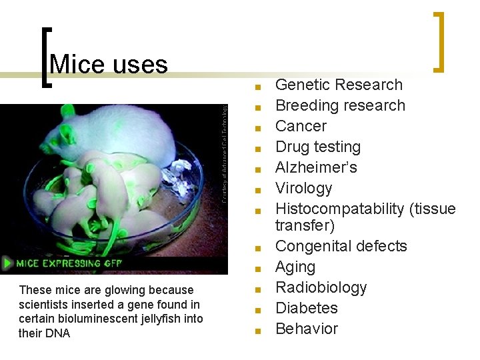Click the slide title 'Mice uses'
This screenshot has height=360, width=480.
pos(108,65)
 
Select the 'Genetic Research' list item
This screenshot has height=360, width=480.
pos(339,85)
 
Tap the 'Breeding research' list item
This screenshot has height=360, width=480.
pos(340,105)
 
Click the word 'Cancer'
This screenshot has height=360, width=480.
pos(301,126)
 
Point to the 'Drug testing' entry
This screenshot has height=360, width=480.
pos(317,147)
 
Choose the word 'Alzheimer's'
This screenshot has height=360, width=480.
pos(316,167)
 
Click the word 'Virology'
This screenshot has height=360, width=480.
pos(303,188)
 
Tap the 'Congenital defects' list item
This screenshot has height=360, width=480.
pos(341,246)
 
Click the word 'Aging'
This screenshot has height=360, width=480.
pos(295,267)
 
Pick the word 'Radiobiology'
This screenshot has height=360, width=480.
pos(321,287)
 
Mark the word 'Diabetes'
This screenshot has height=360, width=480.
pos(306,308)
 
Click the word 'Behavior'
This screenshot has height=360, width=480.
pos(306,329)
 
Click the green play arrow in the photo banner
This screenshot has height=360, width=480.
pos(8,263)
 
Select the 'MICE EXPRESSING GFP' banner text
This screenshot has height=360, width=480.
pos(69,263)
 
